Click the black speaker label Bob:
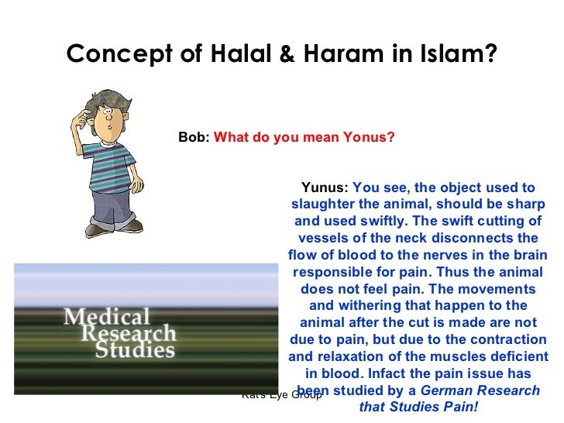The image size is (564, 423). (194, 137)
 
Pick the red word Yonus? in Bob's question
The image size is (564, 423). (369, 137)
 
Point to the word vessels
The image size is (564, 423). (324, 238)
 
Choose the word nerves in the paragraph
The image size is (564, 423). (427, 255)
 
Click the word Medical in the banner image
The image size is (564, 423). (106, 317)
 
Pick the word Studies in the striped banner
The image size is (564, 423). (135, 350)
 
